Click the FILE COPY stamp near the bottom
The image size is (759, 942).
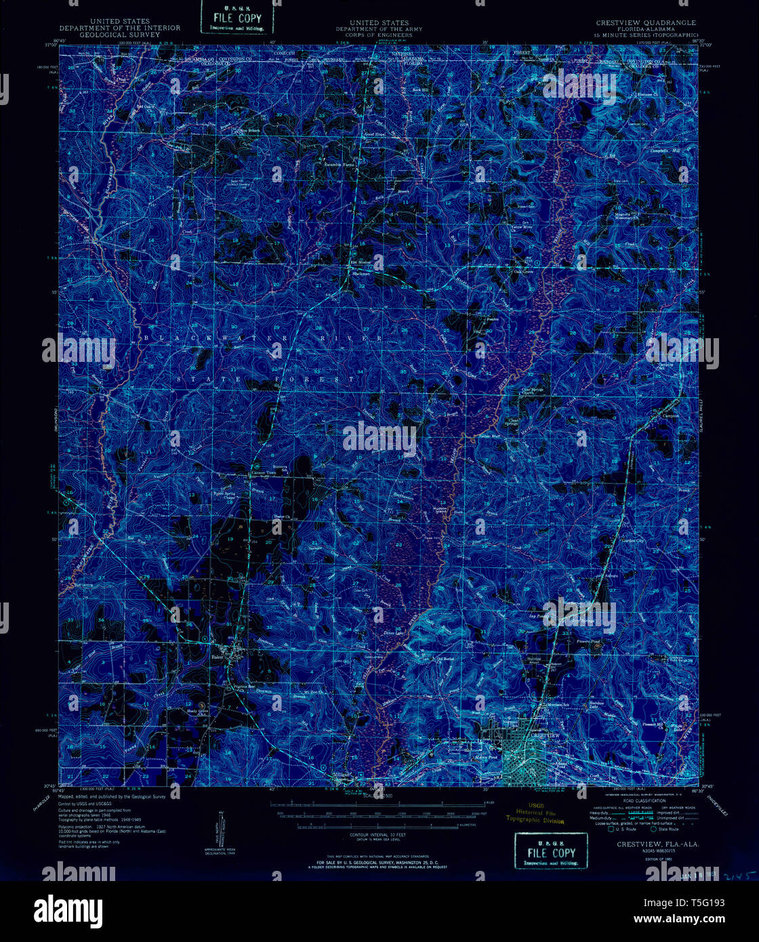tap(550, 852)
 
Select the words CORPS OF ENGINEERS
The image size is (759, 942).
tap(379, 35)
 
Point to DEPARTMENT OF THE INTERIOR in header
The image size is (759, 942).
tap(120, 28)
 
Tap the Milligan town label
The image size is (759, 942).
tap(340, 774)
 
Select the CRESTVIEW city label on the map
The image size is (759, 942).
tap(546, 735)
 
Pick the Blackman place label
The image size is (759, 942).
tap(361, 274)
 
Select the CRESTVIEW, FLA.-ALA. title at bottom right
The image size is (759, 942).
tap(657, 844)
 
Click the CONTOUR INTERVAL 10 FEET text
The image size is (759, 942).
tap(377, 835)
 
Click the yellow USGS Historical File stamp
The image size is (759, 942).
tap(534, 816)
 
